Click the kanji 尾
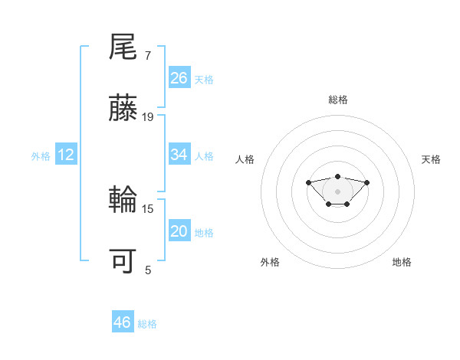pos(123,47)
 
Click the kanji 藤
pos(123,109)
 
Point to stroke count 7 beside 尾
pos(148,56)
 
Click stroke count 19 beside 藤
pos(148,117)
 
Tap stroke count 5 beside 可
pos(148,270)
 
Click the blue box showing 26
pos(179,77)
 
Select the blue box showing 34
pos(179,155)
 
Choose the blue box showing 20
pos(179,231)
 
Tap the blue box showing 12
pos(66,155)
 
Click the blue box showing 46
pos(123,322)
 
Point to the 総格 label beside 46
pos(147,324)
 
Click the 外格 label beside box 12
pos(41,156)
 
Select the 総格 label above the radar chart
pos(338,100)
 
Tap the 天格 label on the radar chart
pos(431,159)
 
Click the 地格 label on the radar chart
pos(402,262)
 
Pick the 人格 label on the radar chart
pos(245,159)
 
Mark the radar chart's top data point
pos(338,176)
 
